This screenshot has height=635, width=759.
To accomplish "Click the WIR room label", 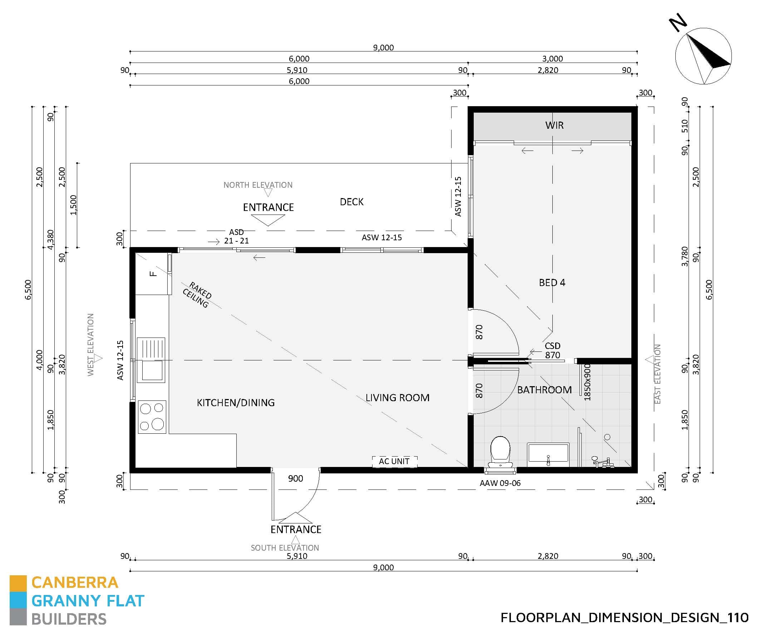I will (x=554, y=125).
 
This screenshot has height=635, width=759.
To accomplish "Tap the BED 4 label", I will (x=552, y=282).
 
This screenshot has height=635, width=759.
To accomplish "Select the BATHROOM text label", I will (x=544, y=390).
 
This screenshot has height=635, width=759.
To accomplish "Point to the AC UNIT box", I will (x=394, y=461).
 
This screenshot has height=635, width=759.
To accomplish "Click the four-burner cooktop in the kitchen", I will (x=152, y=417).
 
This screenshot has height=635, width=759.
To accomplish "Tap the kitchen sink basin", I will (x=152, y=370).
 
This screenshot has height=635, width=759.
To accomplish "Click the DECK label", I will (x=351, y=202).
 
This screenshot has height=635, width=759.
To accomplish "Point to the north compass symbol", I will (x=703, y=56).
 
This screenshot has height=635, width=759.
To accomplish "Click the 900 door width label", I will (x=295, y=478).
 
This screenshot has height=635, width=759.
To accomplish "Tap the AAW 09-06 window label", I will (x=500, y=483).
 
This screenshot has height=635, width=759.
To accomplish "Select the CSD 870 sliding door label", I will (x=552, y=350).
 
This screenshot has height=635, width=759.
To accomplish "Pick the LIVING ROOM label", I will (x=397, y=398).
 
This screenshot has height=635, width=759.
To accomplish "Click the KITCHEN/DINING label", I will (x=236, y=403).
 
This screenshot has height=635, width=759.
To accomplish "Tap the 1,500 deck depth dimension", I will (x=73, y=205).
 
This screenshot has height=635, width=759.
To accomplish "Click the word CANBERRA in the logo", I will (x=75, y=582).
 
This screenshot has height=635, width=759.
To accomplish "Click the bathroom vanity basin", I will (x=548, y=453).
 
